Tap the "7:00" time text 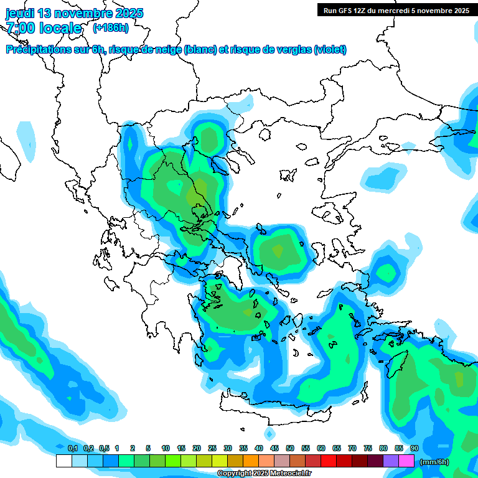[x=21, y=28]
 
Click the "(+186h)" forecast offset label [x=110, y=27]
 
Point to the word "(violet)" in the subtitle [x=330, y=50]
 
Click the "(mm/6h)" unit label [x=434, y=462]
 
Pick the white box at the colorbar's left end [x=63, y=461]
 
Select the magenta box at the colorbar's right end [x=406, y=461]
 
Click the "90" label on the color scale [x=414, y=448]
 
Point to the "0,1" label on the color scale [x=73, y=448]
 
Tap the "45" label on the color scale [x=274, y=448]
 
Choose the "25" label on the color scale [x=212, y=448]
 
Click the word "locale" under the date [x=60, y=28]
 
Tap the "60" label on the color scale [x=321, y=448]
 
